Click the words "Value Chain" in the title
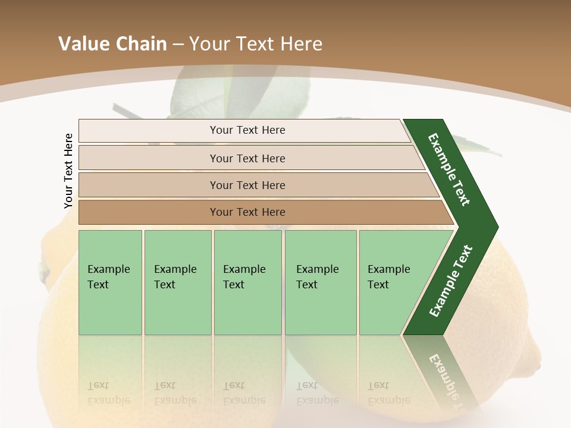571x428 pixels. pos(112,44)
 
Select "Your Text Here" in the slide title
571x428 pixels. pos(256,44)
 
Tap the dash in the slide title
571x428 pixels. pos(178,45)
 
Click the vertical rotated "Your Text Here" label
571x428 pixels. pos(68,171)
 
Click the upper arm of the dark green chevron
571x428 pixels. pos(450,169)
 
